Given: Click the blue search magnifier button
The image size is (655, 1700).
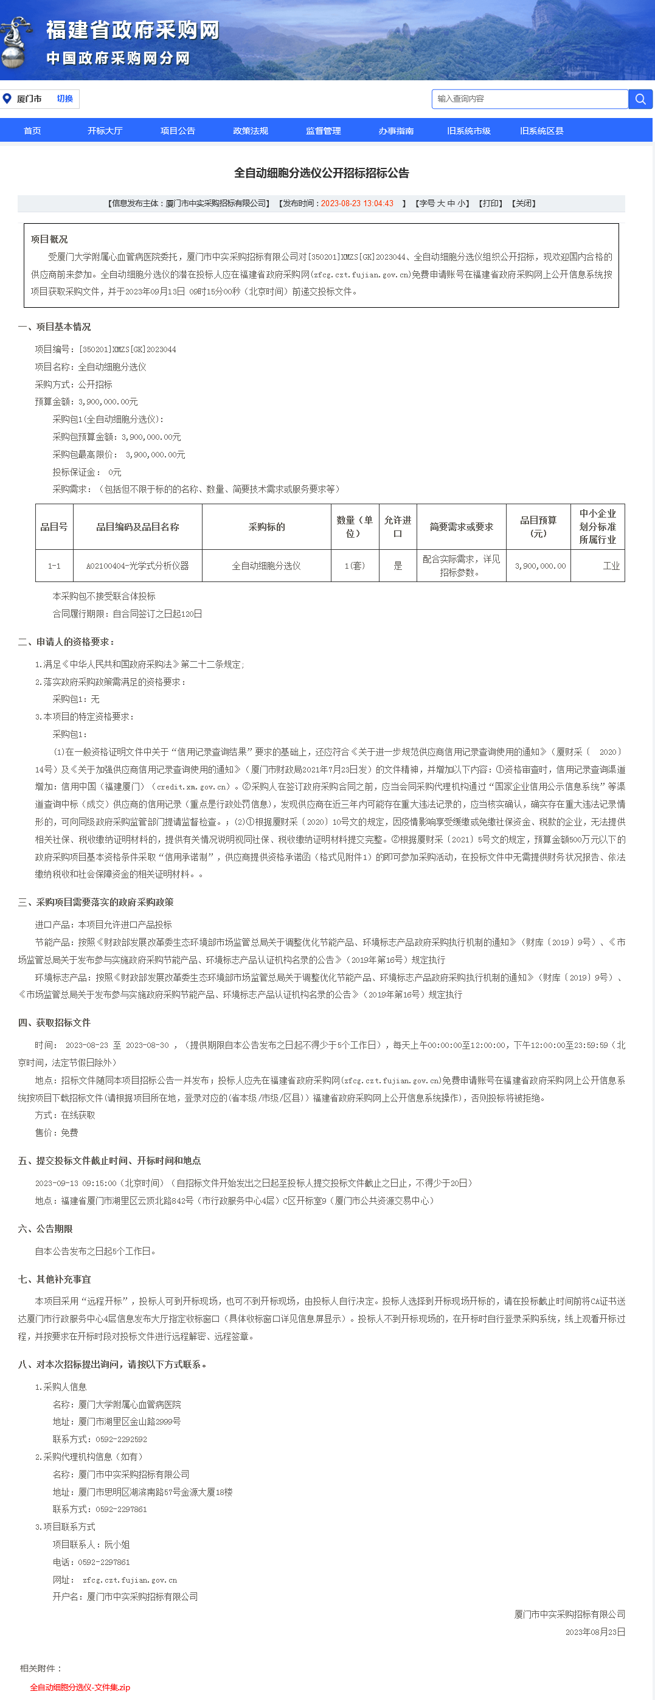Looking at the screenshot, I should click(640, 99).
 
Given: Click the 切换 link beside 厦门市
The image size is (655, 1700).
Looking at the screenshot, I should click(64, 99).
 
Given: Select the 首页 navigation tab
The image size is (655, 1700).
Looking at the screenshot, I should click(32, 131).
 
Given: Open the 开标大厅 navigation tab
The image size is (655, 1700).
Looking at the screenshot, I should click(105, 131).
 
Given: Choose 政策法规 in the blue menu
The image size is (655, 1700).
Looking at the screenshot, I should click(251, 131).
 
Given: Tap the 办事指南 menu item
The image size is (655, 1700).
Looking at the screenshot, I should click(396, 131).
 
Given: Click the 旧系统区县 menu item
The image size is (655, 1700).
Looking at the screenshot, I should click(541, 131).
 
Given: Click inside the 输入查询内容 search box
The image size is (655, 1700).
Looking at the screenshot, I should click(530, 99).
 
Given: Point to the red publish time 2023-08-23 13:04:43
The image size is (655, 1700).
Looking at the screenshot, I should click(357, 203).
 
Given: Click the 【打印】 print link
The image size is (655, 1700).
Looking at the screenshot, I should click(490, 203).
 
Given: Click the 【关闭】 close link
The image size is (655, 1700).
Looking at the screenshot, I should click(524, 203).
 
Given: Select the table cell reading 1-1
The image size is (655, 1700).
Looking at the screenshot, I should click(54, 566).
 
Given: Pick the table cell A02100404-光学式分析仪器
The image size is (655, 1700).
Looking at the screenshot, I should click(137, 566).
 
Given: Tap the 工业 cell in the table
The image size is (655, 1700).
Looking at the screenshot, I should click(611, 566).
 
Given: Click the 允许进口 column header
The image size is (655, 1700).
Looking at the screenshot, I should click(398, 527).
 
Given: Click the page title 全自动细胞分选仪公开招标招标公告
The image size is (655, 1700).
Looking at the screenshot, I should click(322, 173).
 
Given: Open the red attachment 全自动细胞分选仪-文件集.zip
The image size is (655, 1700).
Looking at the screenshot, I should click(80, 1687).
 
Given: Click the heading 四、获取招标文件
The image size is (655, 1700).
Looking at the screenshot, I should click(54, 1022).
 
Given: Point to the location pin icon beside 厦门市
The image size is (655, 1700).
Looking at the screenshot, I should click(7, 99).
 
